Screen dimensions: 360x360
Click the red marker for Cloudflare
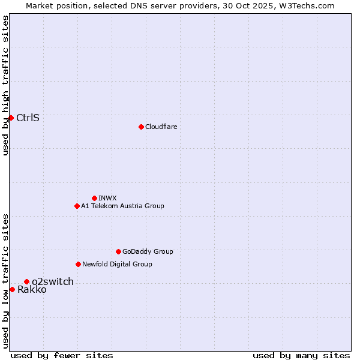[141, 127]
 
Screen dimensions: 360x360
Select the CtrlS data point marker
[11, 118]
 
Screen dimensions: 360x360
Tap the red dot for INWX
[94, 198]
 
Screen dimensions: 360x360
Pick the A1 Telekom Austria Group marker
[77, 206]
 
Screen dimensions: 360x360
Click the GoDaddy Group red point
[118, 251]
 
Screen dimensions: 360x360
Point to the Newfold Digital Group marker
[78, 264]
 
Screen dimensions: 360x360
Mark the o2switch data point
[26, 281]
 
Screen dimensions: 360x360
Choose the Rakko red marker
[12, 289]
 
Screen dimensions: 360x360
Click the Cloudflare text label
[161, 127]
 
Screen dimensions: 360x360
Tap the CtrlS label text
[28, 118]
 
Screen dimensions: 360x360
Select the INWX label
[107, 198]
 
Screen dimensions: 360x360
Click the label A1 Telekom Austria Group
[122, 206]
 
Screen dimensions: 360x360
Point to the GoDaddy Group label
[148, 251]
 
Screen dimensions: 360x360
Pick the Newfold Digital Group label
[117, 264]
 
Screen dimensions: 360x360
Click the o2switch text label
[53, 281]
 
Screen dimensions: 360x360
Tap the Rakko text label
[32, 290]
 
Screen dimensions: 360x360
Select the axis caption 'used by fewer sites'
[62, 355]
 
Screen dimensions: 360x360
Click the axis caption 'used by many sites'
[301, 355]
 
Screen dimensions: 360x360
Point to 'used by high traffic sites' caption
[5, 85]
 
